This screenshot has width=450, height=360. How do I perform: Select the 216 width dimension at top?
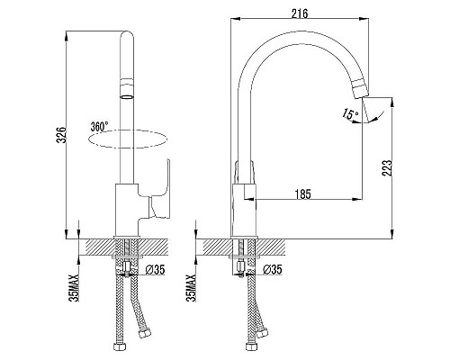click(300, 13)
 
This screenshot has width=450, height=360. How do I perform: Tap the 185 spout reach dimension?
click(303, 194)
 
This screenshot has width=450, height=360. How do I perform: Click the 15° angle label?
click(350, 113)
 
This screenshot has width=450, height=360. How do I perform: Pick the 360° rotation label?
click(100, 127)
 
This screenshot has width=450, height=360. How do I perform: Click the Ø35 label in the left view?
click(155, 270)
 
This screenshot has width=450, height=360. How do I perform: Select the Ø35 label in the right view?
click(273, 270)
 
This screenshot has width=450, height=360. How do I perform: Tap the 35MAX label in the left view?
click(74, 287)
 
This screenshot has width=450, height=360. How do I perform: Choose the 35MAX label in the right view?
click(191, 287)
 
